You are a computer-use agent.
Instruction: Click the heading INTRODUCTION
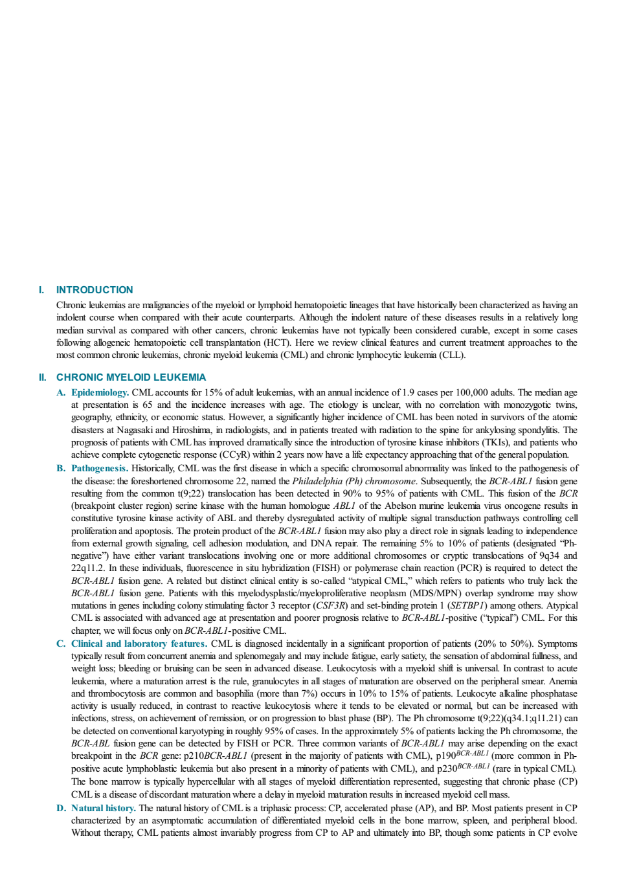pos(95,290)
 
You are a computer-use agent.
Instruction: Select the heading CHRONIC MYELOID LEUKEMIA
pos(131,377)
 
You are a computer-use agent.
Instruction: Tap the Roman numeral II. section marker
pos(42,377)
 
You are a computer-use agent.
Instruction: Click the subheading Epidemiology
pos(100,392)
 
